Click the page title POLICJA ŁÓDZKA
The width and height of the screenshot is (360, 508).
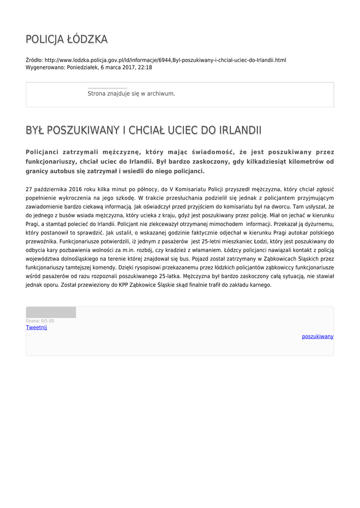coord(67,39)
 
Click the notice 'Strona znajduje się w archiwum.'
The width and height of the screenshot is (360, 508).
coord(131,93)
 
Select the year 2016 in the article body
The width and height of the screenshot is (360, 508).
coord(74,189)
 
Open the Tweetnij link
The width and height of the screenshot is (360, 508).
coord(36,327)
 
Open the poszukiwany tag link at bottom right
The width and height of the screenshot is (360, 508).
coord(318,336)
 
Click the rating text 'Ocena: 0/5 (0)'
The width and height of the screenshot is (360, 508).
coord(40,321)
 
